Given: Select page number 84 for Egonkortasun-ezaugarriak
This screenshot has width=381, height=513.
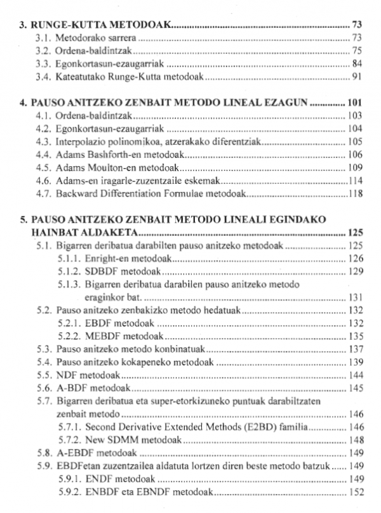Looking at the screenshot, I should (x=356, y=63).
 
